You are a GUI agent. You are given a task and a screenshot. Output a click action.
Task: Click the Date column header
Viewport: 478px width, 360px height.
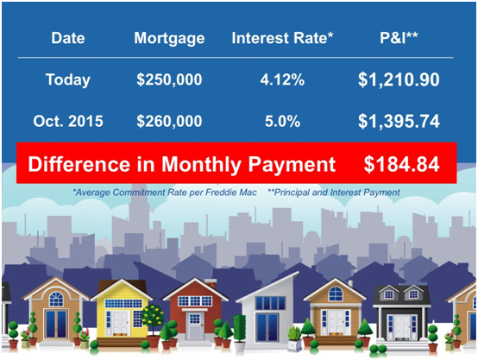point(68,38)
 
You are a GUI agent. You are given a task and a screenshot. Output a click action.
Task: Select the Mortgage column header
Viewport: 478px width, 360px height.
point(169,39)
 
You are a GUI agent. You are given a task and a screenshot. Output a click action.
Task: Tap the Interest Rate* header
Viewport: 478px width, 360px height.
point(282,38)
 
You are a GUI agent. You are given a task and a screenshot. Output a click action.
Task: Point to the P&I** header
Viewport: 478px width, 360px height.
point(399,38)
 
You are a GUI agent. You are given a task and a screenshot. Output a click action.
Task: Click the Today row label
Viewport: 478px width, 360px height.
point(68,80)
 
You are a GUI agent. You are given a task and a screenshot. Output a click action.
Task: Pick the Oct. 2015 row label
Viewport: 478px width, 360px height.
point(68,121)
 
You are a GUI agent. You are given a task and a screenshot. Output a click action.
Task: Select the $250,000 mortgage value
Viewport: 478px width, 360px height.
point(169,80)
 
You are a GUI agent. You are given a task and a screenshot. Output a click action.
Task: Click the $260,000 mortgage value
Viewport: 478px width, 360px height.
point(169,121)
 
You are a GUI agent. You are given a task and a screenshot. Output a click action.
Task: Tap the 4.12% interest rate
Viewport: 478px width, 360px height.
point(282,80)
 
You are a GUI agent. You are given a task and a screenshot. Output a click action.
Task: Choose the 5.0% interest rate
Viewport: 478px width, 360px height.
point(282,121)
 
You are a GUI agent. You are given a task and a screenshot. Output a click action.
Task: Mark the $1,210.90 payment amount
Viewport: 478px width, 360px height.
point(399,80)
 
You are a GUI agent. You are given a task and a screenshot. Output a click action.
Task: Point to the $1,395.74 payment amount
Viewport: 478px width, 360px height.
point(399,121)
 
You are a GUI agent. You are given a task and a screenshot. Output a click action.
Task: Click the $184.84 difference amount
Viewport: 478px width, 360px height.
point(401,164)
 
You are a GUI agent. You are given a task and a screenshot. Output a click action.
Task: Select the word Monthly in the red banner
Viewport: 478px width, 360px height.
point(202,165)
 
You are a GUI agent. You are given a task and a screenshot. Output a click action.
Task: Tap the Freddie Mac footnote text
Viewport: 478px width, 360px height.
point(165,193)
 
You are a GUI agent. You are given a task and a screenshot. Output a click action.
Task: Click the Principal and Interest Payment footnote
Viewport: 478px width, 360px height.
point(334,193)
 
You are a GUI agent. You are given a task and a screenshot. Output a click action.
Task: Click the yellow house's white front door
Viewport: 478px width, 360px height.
point(121,323)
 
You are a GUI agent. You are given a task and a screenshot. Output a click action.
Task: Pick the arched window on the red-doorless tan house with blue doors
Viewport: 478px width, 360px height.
point(56,300)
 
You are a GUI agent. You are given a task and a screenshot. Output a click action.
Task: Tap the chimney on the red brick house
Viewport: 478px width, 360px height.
point(211,283)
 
